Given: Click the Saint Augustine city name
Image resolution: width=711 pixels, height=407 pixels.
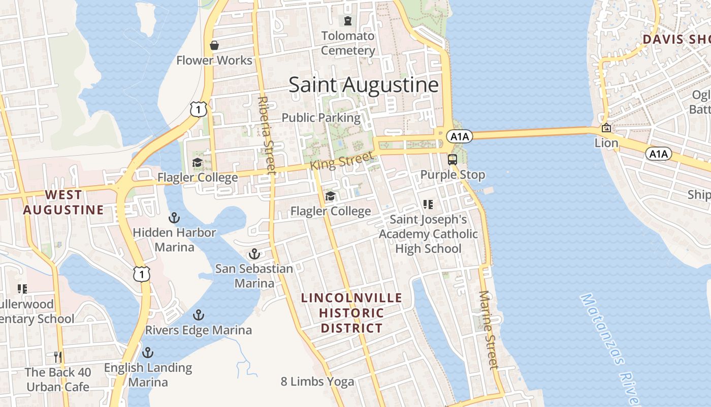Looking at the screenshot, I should coord(364,84).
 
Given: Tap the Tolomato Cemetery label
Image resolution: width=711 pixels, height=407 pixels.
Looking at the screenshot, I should coord(348,43).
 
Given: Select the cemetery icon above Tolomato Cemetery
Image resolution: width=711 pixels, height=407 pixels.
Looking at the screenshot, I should coord(348,21).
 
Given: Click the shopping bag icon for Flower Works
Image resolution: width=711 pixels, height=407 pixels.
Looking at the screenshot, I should coord(214,45).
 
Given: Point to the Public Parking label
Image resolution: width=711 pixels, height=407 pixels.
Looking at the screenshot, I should coord(321,118).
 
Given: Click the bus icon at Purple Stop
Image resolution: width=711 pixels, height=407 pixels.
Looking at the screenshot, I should coord(453,159).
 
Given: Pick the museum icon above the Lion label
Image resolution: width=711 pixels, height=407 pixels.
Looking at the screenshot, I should coord(606,128).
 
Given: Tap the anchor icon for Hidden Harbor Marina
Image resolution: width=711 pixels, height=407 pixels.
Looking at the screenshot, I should coord(174,218).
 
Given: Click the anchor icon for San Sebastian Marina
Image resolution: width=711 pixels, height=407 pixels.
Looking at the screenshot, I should coord(254,253).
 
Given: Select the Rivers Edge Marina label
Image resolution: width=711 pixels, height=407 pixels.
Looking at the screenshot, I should coord(199,330).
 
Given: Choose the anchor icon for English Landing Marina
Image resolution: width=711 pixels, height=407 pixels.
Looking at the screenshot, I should coord(148,352).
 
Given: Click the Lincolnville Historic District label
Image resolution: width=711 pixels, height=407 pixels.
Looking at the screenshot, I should coord(351,313).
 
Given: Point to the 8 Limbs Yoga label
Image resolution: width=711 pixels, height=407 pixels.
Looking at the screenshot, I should coord(317,382).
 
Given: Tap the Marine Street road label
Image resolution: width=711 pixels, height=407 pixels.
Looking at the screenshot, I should coord(488,329).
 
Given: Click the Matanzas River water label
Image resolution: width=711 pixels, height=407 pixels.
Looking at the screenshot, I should coord(609,346).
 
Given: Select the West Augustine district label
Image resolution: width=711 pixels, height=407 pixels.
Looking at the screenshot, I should coord(63,202).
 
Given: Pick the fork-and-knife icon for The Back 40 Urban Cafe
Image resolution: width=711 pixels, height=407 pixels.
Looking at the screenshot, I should coord(58,357).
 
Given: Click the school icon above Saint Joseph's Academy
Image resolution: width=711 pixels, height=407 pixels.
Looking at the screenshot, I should coord(428,205).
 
